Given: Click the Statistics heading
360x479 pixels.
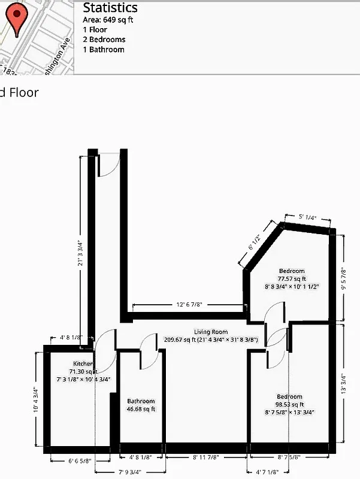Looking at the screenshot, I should pos(110,8).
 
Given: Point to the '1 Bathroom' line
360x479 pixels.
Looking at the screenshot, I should pos(104,50).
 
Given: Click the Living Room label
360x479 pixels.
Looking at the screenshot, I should pos(211,332).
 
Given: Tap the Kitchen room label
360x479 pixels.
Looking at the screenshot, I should pos(83,363).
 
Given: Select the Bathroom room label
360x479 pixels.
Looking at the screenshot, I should pos(141,401).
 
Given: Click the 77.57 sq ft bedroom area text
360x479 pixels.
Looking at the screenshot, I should pos(291,278).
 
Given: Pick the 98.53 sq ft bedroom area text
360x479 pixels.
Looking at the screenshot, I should pos(289,404).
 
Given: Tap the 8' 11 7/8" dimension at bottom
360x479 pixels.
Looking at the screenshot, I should pos(205,457).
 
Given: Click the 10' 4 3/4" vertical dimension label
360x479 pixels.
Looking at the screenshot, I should pos(37,400).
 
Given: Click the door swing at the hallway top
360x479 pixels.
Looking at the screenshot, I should pos(108,164).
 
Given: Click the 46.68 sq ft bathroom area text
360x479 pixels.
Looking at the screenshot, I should pos(141,410).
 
